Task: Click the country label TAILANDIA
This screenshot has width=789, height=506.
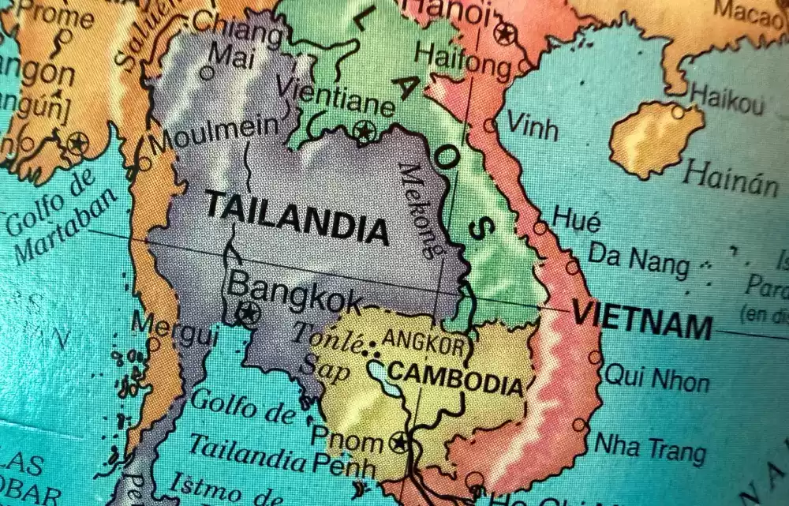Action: [x=297, y=218]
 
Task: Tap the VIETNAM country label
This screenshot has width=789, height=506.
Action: [x=641, y=320]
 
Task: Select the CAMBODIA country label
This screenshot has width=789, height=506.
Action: [x=456, y=379]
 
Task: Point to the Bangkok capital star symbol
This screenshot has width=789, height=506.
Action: [x=248, y=313]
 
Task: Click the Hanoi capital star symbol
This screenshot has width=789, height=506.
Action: [x=505, y=33]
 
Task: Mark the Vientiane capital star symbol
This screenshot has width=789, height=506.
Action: [x=365, y=131]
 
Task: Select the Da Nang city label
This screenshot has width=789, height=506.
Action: [x=639, y=259]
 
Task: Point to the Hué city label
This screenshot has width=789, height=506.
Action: [x=576, y=219]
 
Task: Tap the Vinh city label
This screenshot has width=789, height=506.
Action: [x=532, y=125]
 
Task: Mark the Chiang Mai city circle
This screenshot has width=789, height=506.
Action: [x=207, y=73]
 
